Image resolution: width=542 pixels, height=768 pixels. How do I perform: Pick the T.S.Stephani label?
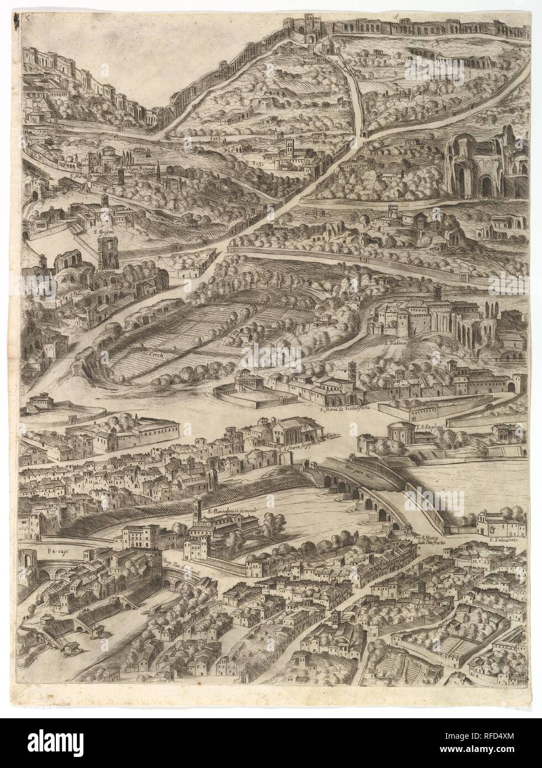pos(434,427)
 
